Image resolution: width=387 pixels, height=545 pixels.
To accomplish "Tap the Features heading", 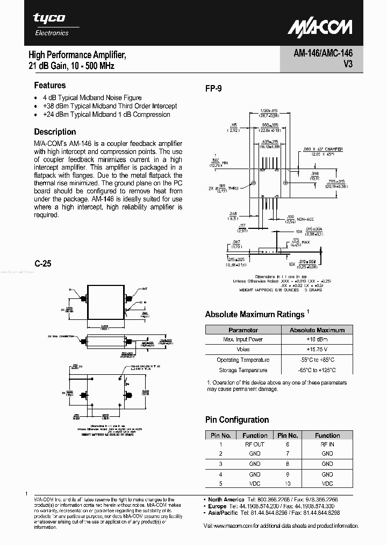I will point(50,85).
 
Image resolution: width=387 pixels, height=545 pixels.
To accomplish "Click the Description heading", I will point(55,131).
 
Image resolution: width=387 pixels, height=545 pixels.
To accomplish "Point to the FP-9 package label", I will point(213,89).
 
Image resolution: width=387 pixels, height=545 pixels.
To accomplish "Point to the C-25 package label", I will point(43,264).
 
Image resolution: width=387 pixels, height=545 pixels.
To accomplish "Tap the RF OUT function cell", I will point(255,444).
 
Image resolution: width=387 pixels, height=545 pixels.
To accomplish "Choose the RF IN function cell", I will point(327,444).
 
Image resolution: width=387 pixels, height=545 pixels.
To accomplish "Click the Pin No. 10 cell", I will point(288,484).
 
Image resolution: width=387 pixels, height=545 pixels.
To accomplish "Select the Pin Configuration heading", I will point(237,420).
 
